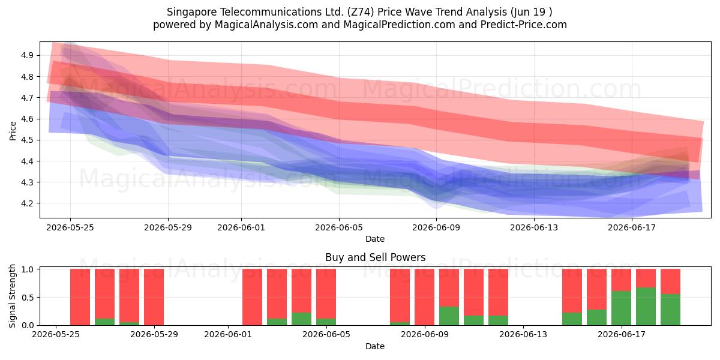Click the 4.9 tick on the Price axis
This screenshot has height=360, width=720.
pyautogui.click(x=27, y=55)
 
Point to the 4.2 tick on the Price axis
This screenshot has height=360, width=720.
pyautogui.click(x=27, y=203)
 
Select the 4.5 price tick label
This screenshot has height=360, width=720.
pyautogui.click(x=27, y=140)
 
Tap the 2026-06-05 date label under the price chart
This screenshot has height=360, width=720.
pyautogui.click(x=339, y=228)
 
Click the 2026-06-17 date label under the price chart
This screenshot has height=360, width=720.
pyautogui.click(x=632, y=228)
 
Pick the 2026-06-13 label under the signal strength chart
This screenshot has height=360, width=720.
pyautogui.click(x=523, y=335)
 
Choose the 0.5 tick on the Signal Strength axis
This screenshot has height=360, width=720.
pyautogui.click(x=28, y=298)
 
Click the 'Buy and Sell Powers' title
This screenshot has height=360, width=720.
pyautogui.click(x=376, y=257)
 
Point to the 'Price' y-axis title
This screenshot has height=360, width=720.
pyautogui.click(x=13, y=131)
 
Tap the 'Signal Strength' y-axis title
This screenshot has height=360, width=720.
pyautogui.click(x=12, y=296)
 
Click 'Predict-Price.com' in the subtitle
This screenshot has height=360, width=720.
pyautogui.click(x=524, y=25)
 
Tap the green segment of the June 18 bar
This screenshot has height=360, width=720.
pyautogui.click(x=646, y=307)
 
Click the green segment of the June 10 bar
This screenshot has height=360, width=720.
pyautogui.click(x=449, y=316)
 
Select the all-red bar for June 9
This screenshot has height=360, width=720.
pyautogui.click(x=424, y=297)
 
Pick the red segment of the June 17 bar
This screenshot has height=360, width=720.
pyautogui.click(x=621, y=280)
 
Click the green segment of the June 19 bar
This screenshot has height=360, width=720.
pyautogui.click(x=671, y=310)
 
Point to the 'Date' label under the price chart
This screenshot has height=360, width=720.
pyautogui.click(x=375, y=239)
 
